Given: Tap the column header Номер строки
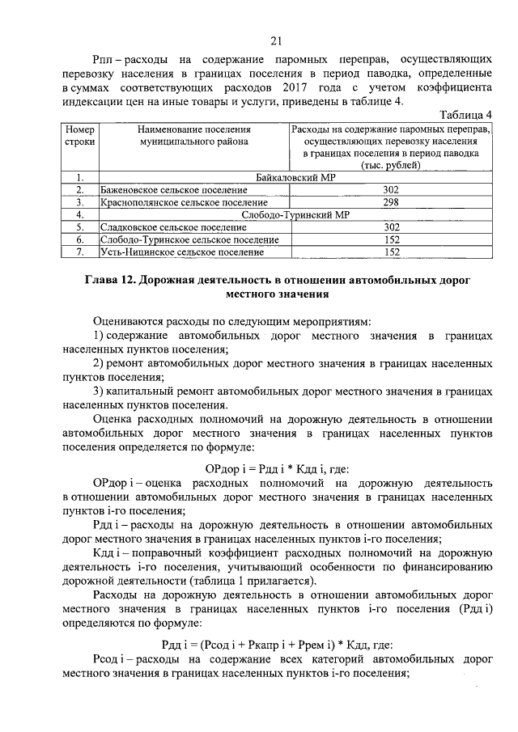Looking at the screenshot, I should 80,135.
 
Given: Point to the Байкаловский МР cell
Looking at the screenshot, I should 295,177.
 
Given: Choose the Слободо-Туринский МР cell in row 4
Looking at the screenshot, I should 295,215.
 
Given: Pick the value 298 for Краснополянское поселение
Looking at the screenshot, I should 391,202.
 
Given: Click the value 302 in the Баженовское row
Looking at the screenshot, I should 391,190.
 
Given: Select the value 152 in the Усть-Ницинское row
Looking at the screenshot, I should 391,252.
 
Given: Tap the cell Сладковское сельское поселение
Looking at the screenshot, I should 163,228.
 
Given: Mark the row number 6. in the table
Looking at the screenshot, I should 80,240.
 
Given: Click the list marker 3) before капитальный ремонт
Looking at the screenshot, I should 99,391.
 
